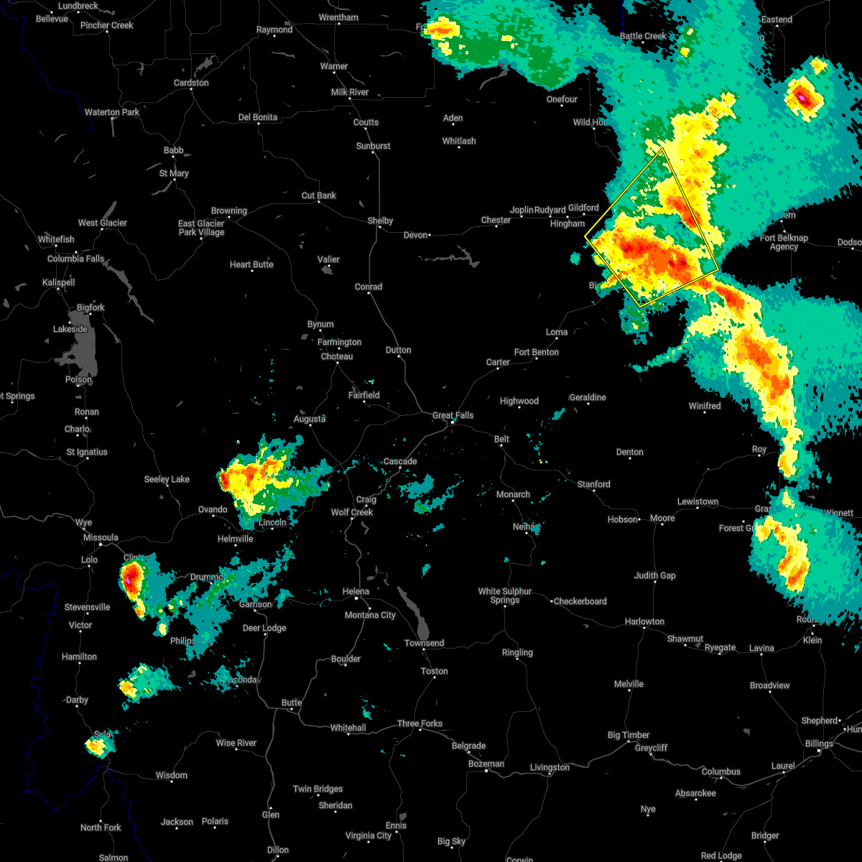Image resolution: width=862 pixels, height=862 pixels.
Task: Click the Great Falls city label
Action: (x=453, y=415)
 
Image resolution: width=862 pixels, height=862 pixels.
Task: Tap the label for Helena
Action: (x=356, y=591)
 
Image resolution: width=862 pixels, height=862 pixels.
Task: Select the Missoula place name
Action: (x=101, y=537)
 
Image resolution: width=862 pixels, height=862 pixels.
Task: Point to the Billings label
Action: (x=819, y=743)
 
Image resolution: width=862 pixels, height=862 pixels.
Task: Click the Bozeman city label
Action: (x=486, y=764)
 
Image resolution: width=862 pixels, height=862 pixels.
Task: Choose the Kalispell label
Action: (x=58, y=282)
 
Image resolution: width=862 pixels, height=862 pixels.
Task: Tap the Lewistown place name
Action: (x=698, y=501)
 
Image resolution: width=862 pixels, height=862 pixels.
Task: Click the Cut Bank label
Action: (x=319, y=195)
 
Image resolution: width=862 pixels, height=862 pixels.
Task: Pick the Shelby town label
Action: (x=380, y=221)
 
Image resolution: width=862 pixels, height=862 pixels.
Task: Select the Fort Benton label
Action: (x=536, y=352)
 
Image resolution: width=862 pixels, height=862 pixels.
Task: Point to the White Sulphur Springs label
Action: (x=505, y=595)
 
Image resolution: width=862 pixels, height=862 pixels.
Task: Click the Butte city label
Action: (x=292, y=703)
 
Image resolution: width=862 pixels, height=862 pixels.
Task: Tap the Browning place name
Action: (x=228, y=210)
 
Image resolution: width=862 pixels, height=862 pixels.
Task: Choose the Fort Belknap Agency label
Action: (x=784, y=242)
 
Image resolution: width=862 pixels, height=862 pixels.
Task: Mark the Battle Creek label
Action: (x=643, y=36)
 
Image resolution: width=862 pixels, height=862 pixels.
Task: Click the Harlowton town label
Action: (x=644, y=621)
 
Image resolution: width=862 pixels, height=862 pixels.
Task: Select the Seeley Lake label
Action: (x=167, y=479)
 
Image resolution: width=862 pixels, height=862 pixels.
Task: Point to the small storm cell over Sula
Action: (x=96, y=746)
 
